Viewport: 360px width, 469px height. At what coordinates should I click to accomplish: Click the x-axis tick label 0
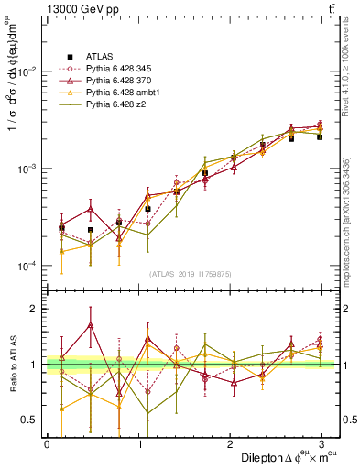coord(47,443)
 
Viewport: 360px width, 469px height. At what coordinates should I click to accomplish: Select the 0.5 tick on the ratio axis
coord(30,420)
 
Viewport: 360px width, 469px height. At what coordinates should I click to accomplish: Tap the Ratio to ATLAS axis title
coord(11,365)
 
